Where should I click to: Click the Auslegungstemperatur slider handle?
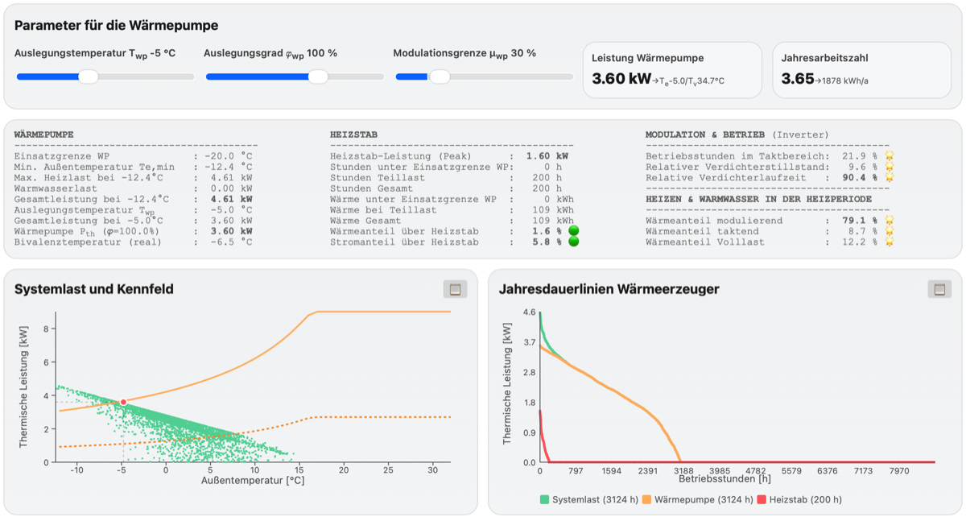pyautogui.click(x=89, y=77)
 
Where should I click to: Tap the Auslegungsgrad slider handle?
pyautogui.click(x=318, y=77)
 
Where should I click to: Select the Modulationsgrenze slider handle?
pyautogui.click(x=440, y=77)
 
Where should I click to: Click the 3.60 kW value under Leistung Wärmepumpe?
pyautogui.click(x=621, y=79)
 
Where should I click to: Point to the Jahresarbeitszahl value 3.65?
pyautogui.click(x=798, y=79)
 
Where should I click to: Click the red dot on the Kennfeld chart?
pyautogui.click(x=123, y=402)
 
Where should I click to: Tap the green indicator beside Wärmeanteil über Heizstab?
pyautogui.click(x=573, y=231)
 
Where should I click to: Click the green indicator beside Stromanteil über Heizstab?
pyautogui.click(x=573, y=242)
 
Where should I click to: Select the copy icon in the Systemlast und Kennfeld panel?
pyautogui.click(x=455, y=289)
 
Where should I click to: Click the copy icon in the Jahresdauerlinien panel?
pyautogui.click(x=939, y=289)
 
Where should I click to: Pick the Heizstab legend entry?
pyautogui.click(x=799, y=500)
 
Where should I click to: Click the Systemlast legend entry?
pyautogui.click(x=589, y=500)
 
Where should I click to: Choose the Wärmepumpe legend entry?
pyautogui.click(x=698, y=500)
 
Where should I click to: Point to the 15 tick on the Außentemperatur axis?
pyautogui.click(x=299, y=470)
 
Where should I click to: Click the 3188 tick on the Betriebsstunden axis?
pyautogui.click(x=683, y=471)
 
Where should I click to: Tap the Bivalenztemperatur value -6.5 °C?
pyautogui.click(x=231, y=242)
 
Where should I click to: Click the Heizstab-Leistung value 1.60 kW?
pyautogui.click(x=547, y=156)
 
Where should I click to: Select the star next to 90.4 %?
pyautogui.click(x=890, y=177)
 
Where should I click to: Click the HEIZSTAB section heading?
pyautogui.click(x=353, y=134)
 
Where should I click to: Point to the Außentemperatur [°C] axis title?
pyautogui.click(x=253, y=480)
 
